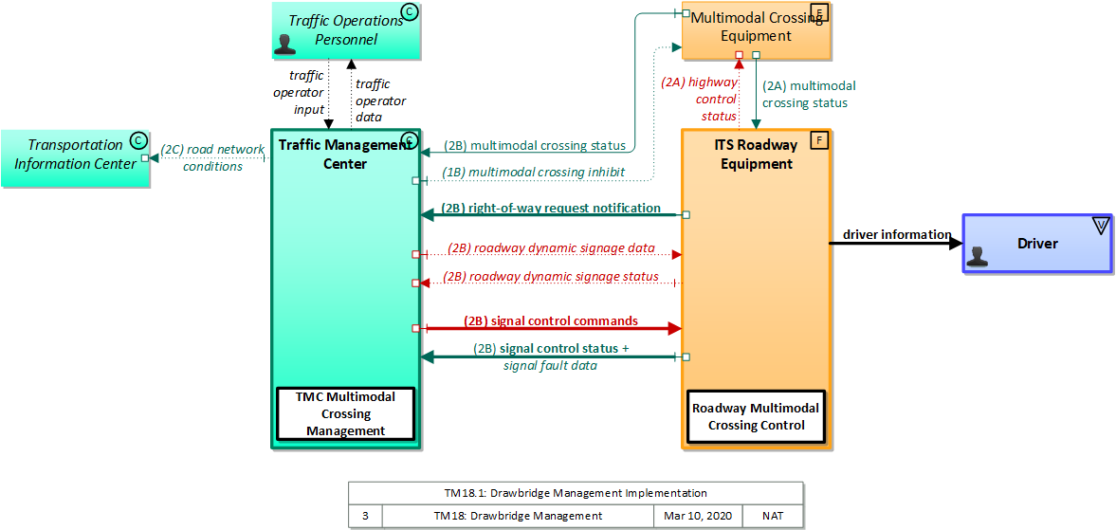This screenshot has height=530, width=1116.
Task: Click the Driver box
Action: coord(1036,244)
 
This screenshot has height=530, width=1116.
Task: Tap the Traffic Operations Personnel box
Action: coord(345,28)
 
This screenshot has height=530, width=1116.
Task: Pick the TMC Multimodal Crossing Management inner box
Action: coord(345,414)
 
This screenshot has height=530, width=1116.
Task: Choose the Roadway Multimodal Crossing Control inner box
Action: coord(756,416)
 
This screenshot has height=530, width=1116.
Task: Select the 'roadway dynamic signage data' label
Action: coord(551,248)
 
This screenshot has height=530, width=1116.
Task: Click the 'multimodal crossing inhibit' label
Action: coord(535,172)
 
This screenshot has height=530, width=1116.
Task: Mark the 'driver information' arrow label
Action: coord(897,234)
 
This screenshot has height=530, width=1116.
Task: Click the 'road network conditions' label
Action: coord(212,157)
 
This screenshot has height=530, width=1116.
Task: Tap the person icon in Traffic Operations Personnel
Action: coord(284,44)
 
